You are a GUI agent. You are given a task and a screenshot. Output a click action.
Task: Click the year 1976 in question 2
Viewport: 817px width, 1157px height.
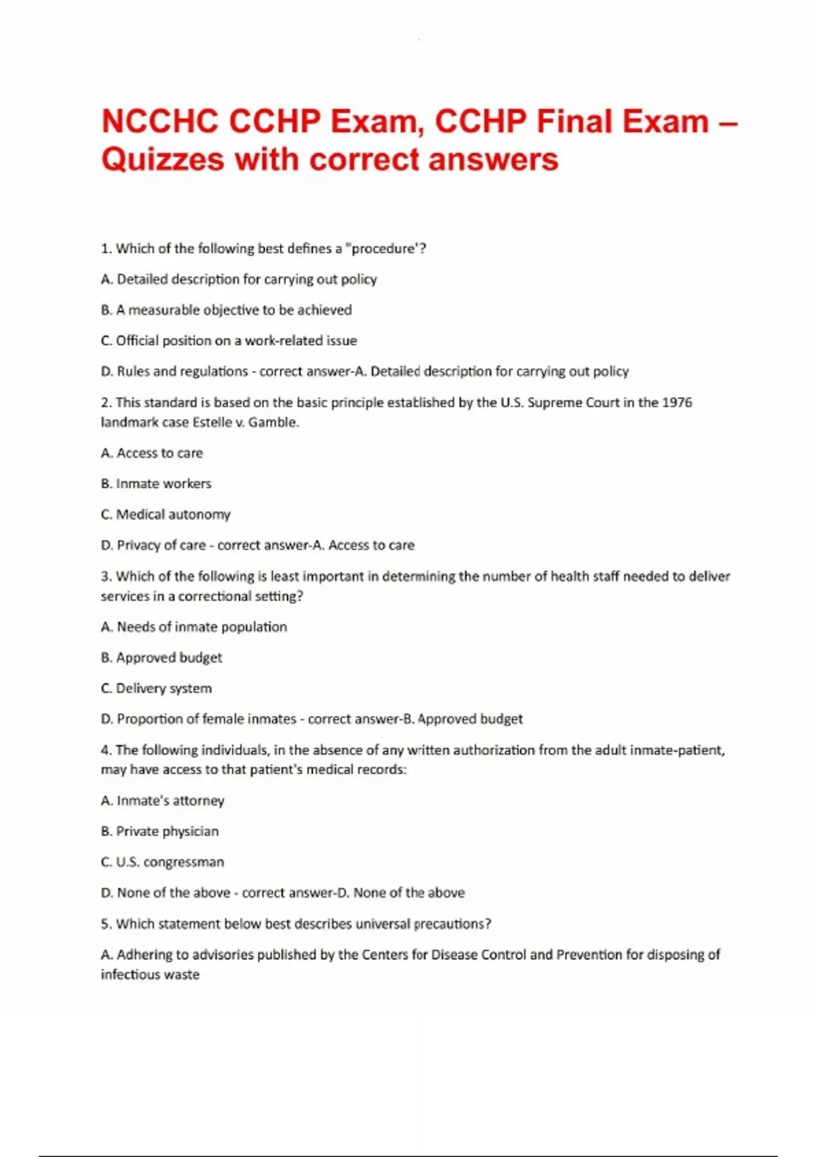tap(677, 402)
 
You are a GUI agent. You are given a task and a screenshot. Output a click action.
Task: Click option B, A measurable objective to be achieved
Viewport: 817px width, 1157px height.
tap(226, 310)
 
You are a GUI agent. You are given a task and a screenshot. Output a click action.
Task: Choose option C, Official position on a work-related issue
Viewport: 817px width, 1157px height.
tap(229, 340)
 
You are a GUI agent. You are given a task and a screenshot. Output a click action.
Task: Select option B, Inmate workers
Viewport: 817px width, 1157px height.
tap(156, 483)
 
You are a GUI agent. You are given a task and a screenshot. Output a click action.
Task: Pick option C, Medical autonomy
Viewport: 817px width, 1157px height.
tap(165, 514)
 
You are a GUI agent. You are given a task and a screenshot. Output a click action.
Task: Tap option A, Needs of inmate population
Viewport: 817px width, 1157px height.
tap(194, 626)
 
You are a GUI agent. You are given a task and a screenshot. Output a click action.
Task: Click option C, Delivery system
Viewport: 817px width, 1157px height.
tap(156, 688)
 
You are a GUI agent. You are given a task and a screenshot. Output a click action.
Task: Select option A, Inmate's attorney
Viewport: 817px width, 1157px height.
tap(162, 800)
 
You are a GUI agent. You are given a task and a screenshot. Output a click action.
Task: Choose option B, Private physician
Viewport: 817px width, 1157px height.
tap(159, 831)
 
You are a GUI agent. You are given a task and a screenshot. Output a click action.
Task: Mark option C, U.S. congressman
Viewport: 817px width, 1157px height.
tap(162, 862)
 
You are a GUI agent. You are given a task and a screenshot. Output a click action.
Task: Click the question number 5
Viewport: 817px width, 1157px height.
tap(106, 924)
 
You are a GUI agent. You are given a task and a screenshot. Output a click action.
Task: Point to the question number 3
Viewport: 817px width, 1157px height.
tap(106, 576)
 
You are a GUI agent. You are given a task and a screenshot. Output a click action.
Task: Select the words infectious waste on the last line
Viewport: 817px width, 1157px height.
tap(150, 975)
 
